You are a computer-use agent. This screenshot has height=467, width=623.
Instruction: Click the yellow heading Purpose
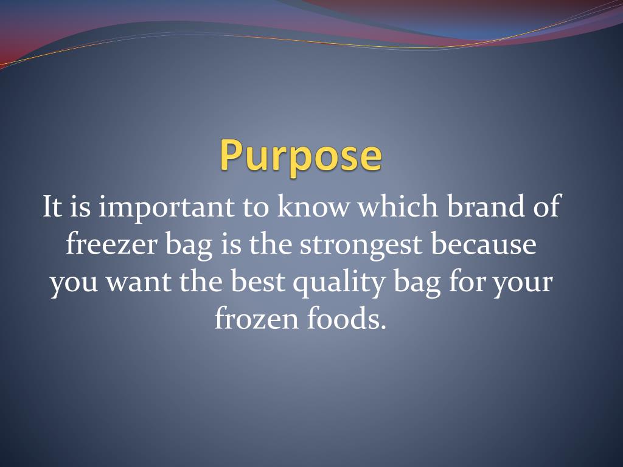(301, 155)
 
